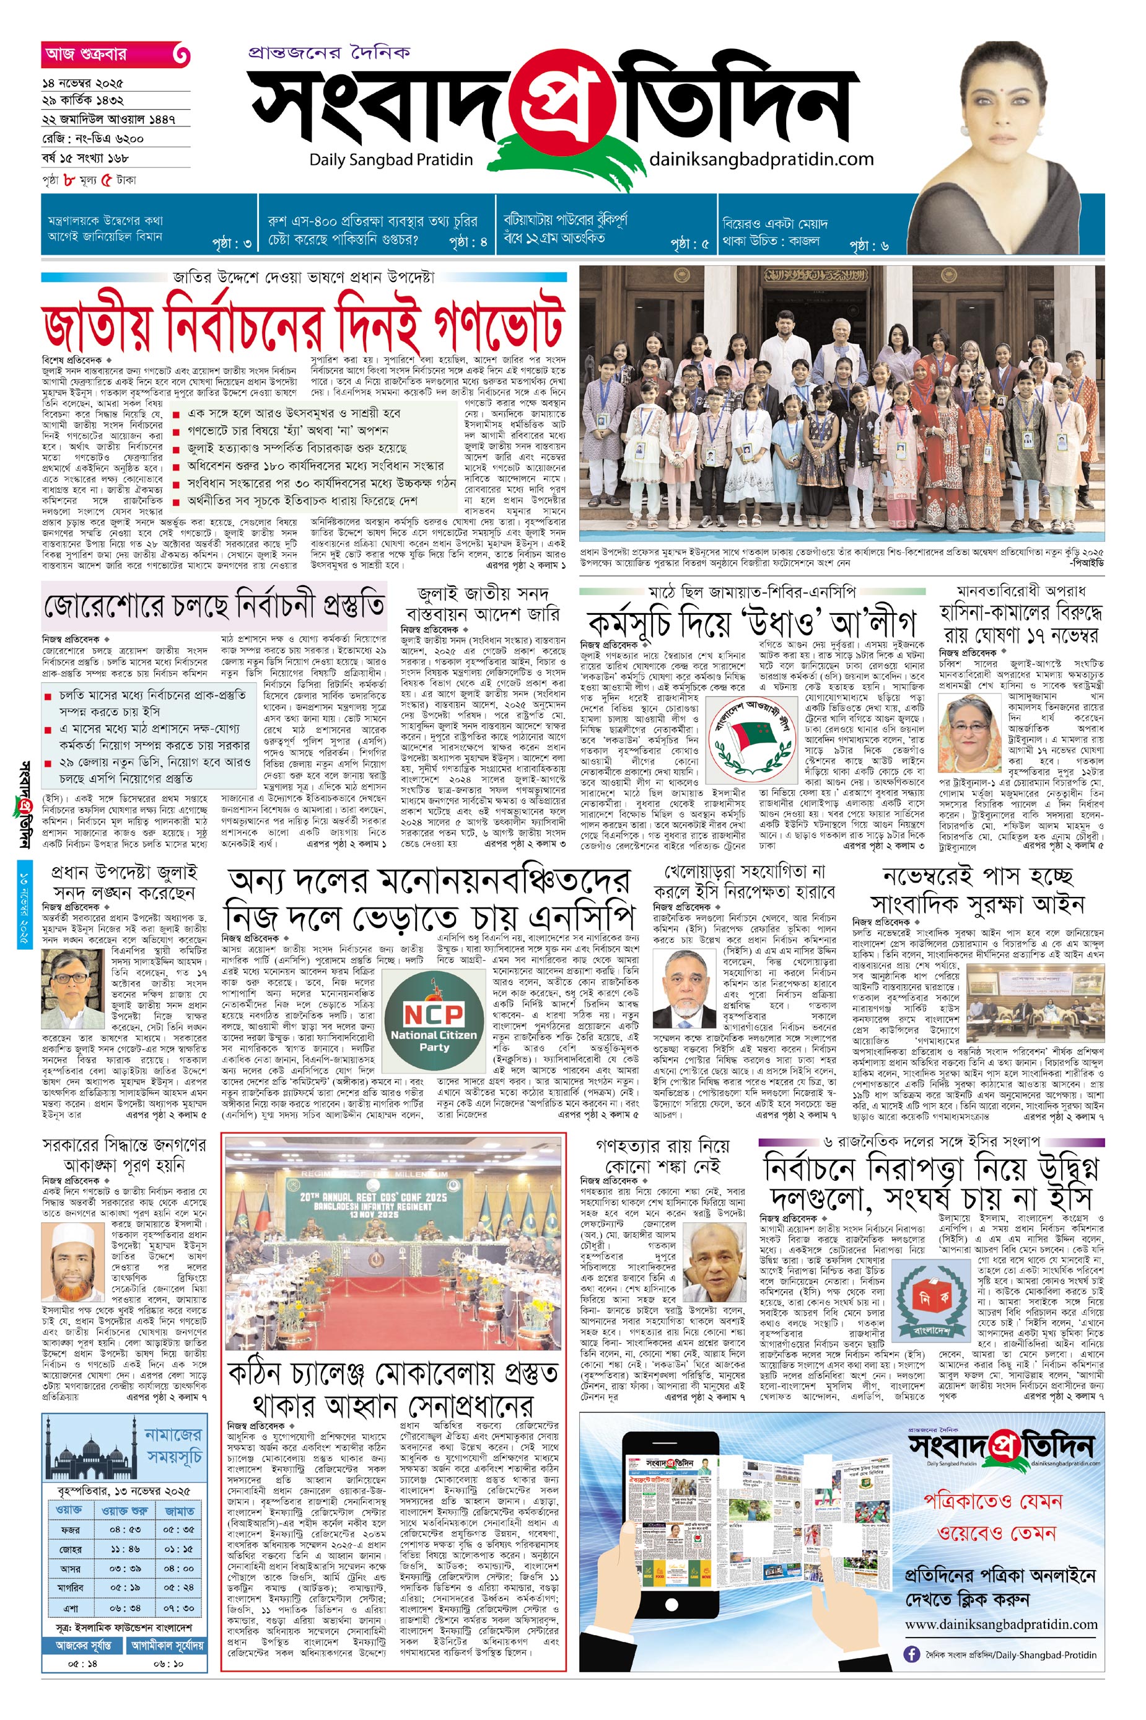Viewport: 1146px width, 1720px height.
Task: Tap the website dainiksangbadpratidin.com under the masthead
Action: [x=761, y=159]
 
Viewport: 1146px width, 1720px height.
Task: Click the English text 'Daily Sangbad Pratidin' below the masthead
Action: [x=391, y=160]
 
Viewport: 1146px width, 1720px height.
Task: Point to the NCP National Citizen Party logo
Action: [x=432, y=1021]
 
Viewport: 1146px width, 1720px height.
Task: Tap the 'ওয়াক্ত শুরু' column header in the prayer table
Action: [x=125, y=1510]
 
